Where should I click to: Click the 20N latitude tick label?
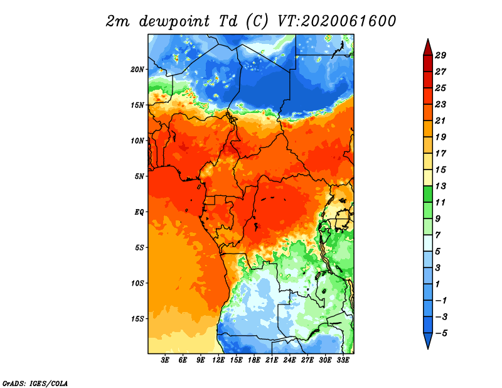pos(137,70)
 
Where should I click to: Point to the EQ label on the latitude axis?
pos(139,212)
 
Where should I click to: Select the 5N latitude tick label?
pos(139,176)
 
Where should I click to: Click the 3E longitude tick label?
pos(165,360)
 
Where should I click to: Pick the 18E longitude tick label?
pos(254,360)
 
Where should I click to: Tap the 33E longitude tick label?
pos(343,360)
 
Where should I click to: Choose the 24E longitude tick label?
pos(289,360)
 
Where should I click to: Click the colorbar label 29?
pos(441,55)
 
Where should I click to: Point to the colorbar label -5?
pos(441,333)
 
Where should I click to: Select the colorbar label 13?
pos(441,186)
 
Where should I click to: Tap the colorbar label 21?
pos(441,121)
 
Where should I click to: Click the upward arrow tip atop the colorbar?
pos(428,39)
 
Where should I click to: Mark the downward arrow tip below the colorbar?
pos(428,349)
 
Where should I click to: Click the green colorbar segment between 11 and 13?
pos(428,194)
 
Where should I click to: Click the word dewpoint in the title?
pos(174,22)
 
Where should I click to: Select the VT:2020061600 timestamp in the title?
pos(337,21)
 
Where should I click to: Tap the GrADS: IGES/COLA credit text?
pos(35,384)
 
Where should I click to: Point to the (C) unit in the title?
pos(257,21)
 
